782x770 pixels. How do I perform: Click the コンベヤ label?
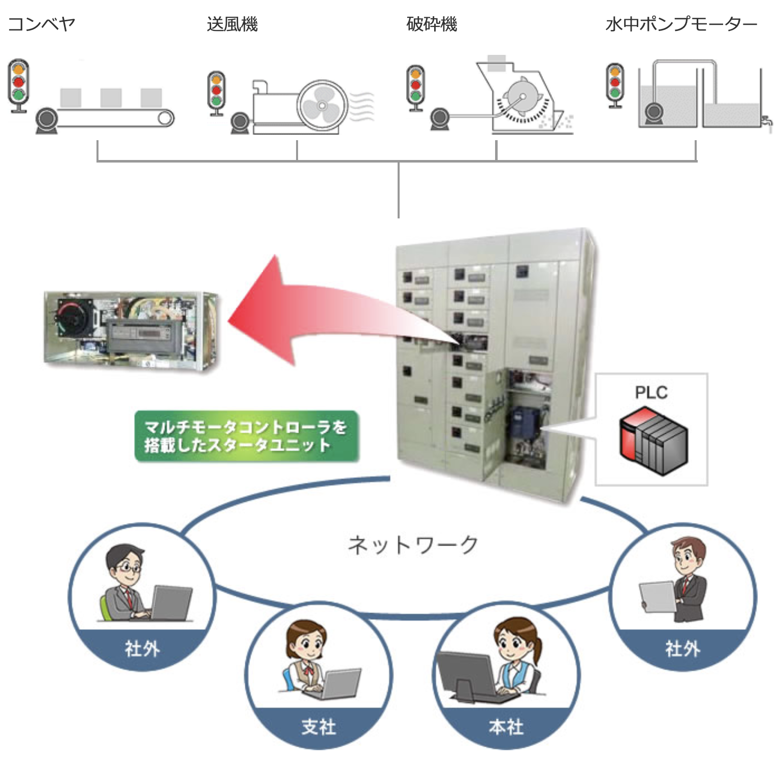pos(42,24)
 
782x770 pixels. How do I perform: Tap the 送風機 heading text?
pos(232,24)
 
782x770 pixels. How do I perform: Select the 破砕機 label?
pos(432,24)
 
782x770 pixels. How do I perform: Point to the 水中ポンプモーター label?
pos(681,24)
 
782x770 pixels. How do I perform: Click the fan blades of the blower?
pos(321,105)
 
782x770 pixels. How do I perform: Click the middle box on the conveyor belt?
pos(111,98)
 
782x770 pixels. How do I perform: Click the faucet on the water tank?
pos(766,121)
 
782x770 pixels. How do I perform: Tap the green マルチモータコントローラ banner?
pos(246,436)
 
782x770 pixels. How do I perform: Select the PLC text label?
pos(651,392)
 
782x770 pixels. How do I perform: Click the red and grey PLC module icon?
pos(654,441)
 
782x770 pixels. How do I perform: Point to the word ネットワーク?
pos(413,545)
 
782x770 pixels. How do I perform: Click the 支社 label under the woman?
pos(318,727)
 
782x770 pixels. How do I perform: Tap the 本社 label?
pos(506,727)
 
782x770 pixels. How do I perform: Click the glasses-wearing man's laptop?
pos(172,603)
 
